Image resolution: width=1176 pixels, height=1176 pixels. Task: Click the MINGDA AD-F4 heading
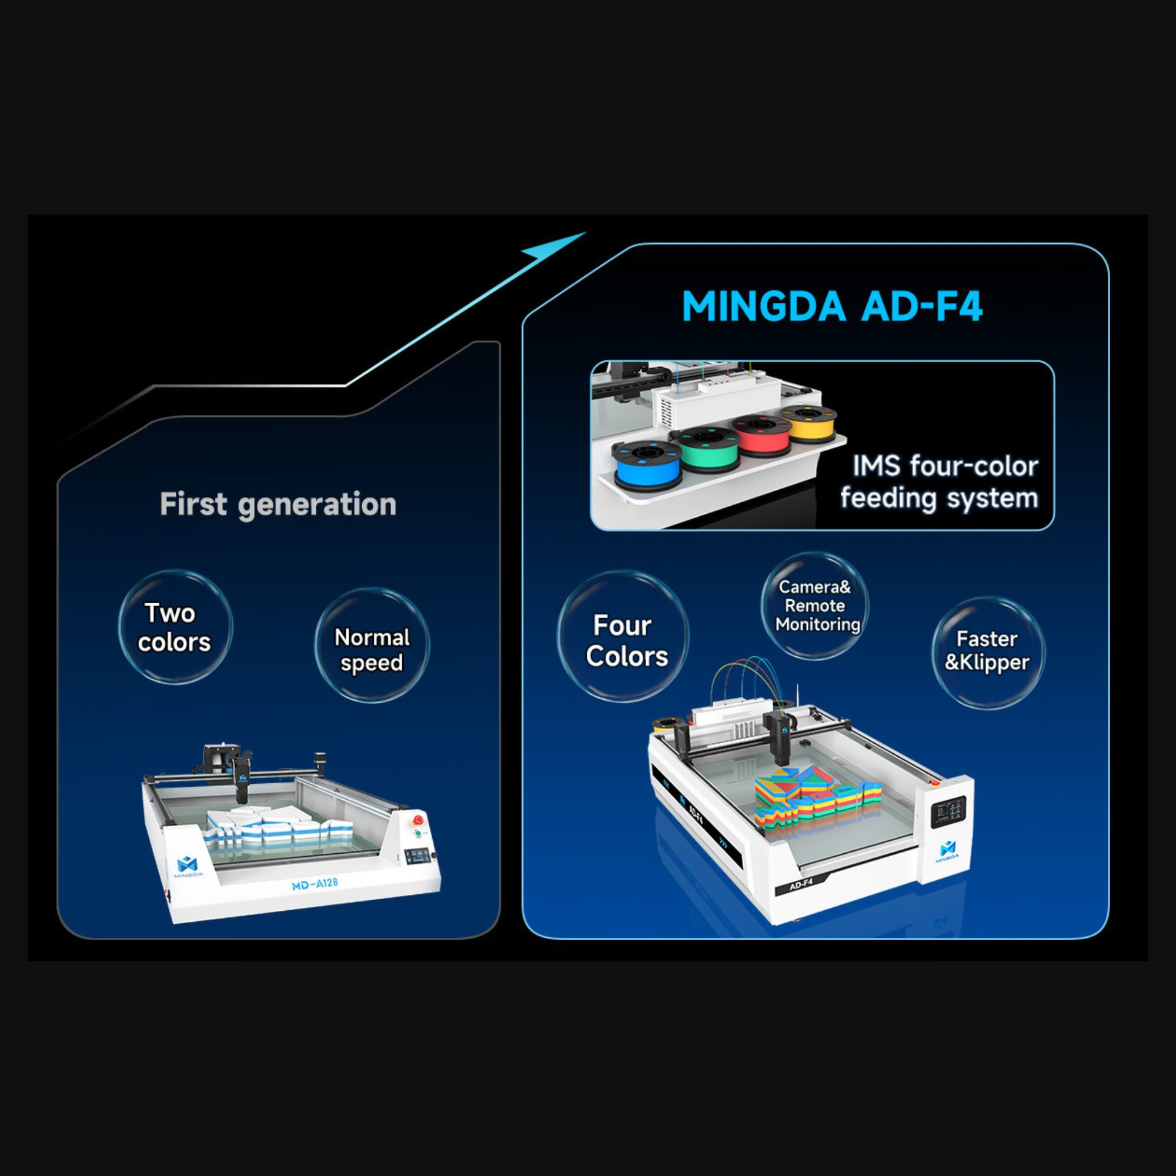coord(832,306)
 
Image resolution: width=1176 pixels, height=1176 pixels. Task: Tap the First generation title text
coord(278,505)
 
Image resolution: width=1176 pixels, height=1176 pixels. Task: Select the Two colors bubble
coord(175,627)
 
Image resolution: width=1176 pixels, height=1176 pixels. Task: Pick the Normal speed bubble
coord(372,645)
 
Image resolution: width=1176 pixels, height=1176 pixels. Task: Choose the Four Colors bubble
coord(623,636)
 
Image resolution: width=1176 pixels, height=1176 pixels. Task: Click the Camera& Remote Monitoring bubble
coord(814,606)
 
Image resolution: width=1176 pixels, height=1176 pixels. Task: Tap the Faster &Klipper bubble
coord(988,653)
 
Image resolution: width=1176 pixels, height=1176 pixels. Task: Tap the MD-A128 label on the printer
coord(315,883)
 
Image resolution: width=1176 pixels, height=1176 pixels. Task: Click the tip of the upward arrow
coord(587,232)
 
